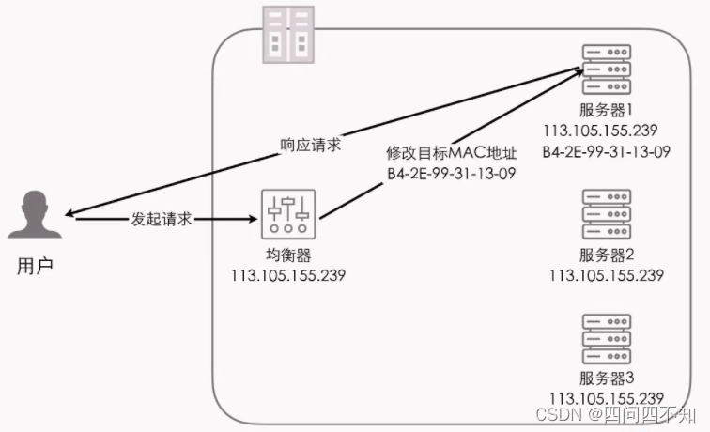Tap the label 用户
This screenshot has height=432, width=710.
tap(36, 266)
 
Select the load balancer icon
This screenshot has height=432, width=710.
tap(289, 216)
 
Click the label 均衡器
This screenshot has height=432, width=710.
tap(288, 257)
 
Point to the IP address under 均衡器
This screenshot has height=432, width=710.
tap(288, 276)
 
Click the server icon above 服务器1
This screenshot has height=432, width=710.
tap(606, 61)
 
